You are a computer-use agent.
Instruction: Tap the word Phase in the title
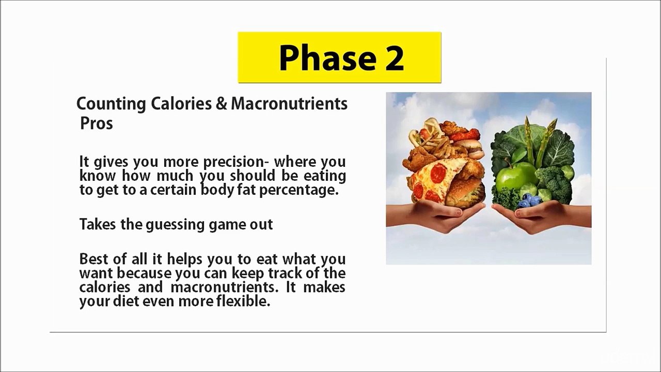tap(326, 57)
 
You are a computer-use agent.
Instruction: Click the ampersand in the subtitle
tap(222, 103)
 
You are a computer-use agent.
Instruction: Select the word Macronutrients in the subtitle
tap(289, 103)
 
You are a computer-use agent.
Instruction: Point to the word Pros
tap(97, 123)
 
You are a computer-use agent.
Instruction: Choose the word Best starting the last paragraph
tap(93, 258)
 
